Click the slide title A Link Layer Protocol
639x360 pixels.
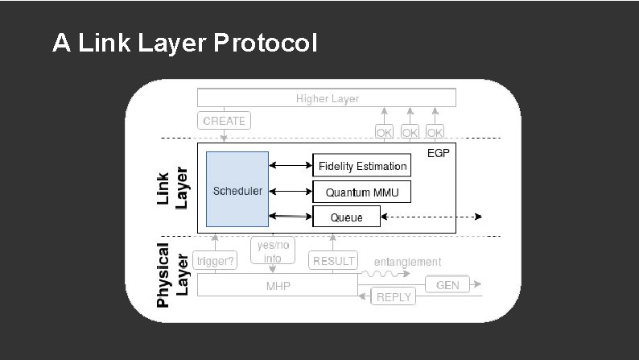pos(184,43)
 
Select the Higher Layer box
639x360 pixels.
pos(327,98)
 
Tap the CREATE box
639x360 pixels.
pos(224,121)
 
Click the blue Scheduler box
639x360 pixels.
pos(237,190)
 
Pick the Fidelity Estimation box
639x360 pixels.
pos(361,166)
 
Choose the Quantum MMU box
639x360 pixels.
pos(361,192)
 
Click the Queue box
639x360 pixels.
pos(346,217)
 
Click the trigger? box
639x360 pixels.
pos(215,260)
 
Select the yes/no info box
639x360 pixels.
pos(272,251)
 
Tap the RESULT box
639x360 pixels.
pos(333,260)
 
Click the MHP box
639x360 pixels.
pos(278,285)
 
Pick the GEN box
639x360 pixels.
pos(447,284)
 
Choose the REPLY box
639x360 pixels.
pos(393,296)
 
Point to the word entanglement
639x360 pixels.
pos(407,262)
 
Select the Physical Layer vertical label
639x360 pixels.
pos(171,275)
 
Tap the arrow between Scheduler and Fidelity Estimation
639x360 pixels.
pos(291,166)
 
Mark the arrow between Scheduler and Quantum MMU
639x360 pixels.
pos(291,192)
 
